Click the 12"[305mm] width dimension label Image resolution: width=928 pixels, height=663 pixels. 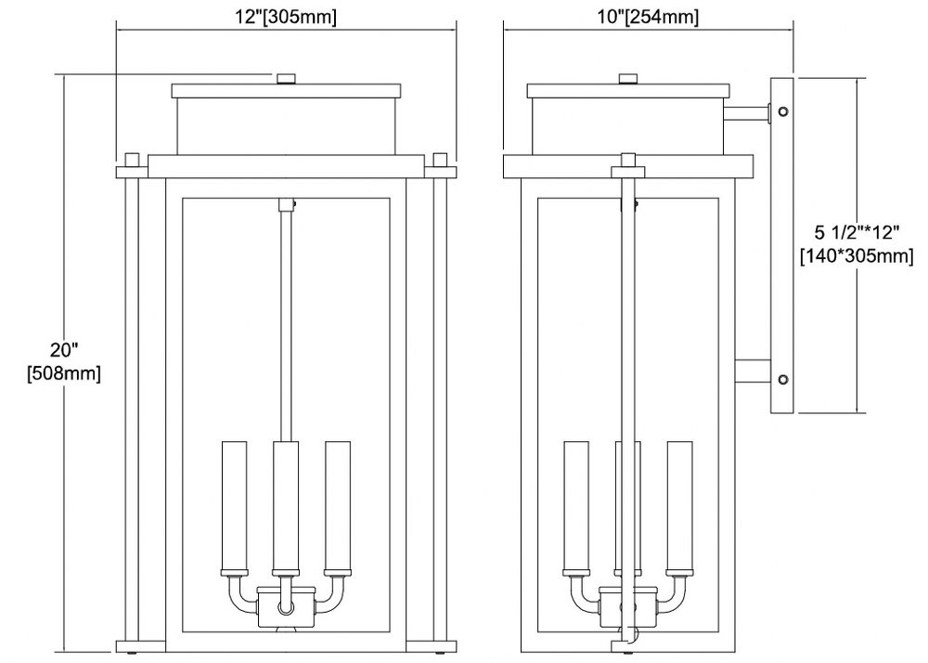(x=286, y=17)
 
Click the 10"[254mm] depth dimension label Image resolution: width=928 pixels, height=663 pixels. (x=648, y=17)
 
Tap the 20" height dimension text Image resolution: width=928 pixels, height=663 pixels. (x=64, y=350)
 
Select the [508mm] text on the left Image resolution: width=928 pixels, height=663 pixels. (x=64, y=373)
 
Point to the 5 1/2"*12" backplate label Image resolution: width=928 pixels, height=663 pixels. (x=857, y=231)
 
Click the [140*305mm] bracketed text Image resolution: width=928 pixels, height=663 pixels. (x=857, y=255)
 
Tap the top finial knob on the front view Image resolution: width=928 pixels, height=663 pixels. (x=287, y=79)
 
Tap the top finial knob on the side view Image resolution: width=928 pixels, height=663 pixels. (x=627, y=79)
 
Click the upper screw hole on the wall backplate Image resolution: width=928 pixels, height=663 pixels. (x=783, y=111)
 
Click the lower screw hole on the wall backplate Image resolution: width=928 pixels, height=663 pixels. (x=783, y=380)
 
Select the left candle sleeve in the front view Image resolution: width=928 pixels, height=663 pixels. (x=234, y=505)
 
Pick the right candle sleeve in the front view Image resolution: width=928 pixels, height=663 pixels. (x=338, y=505)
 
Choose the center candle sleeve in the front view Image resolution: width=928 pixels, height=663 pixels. (x=285, y=505)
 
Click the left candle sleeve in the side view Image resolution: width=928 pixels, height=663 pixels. (x=576, y=505)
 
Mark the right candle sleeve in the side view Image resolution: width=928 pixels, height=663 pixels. (x=679, y=505)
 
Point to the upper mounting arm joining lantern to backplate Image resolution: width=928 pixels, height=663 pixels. (x=747, y=113)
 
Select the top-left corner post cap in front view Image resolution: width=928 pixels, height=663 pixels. (x=133, y=160)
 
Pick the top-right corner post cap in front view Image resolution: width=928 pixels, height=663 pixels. (x=440, y=160)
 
